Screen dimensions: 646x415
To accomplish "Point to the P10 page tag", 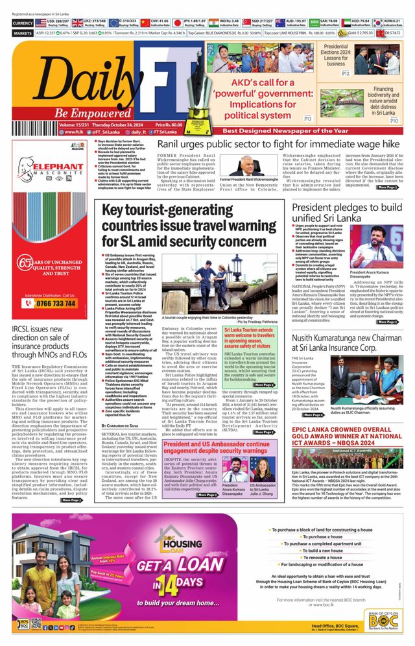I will pos(394,120).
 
